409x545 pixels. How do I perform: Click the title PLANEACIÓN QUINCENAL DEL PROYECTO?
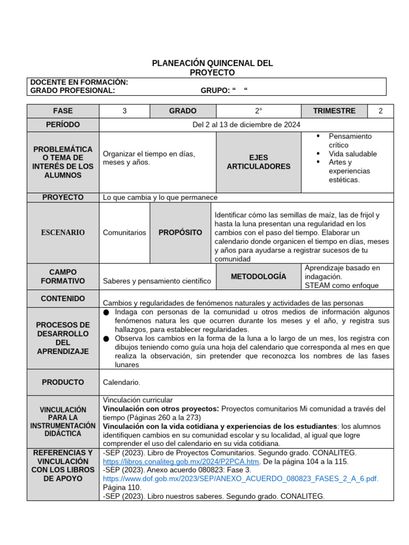[x=212, y=68]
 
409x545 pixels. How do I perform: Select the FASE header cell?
[x=63, y=111]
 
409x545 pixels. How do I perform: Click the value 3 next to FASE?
[x=125, y=111]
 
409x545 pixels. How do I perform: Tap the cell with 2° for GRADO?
[x=258, y=111]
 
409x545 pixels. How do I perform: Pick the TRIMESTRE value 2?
[x=380, y=111]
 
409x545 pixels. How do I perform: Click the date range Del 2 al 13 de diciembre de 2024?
[x=246, y=125]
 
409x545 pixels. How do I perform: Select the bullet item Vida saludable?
[x=352, y=154]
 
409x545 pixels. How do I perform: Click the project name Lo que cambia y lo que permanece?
[x=160, y=197]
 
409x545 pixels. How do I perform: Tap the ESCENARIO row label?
[x=63, y=233]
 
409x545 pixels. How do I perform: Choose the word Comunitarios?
[x=124, y=233]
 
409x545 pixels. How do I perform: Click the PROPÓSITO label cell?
[x=180, y=233]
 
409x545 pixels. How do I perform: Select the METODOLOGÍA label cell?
[x=258, y=276]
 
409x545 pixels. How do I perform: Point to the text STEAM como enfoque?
[x=341, y=285]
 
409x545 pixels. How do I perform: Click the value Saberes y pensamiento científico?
[x=157, y=280]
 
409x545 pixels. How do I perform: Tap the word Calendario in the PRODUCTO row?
[x=121, y=382]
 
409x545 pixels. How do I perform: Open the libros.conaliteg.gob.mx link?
[x=181, y=461]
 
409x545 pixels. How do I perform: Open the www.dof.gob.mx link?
[x=240, y=478]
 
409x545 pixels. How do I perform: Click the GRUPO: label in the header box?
[x=215, y=90]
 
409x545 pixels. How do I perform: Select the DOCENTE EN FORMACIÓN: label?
[x=79, y=82]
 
